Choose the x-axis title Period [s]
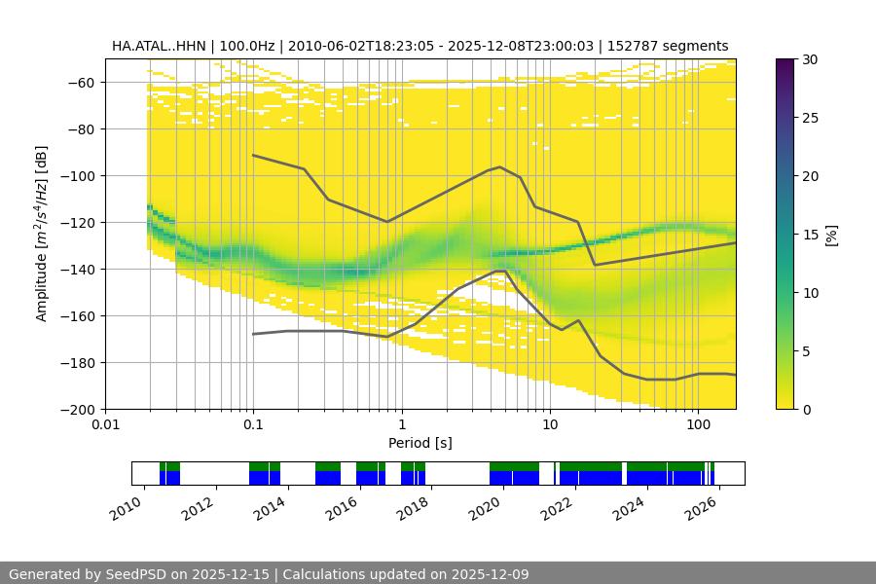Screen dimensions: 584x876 pos(420,443)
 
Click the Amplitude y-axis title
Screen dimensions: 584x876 pos(42,234)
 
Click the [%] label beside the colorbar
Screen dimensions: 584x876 pos(831,235)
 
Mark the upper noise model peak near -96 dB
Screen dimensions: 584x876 pos(500,166)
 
